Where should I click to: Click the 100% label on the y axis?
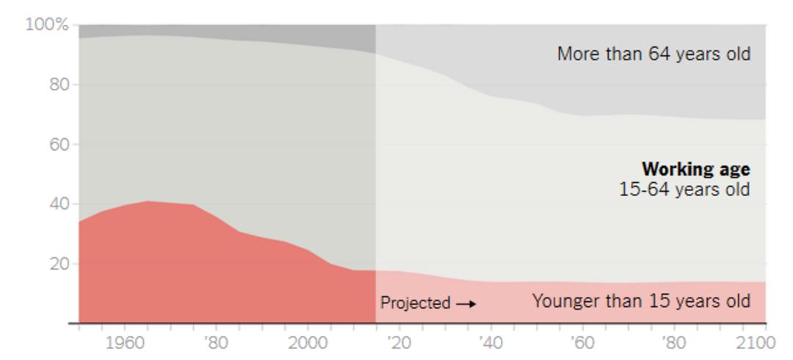(x=47, y=24)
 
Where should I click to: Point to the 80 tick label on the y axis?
(x=59, y=84)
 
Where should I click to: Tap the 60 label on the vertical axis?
(x=59, y=144)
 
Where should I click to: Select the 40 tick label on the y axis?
(x=59, y=204)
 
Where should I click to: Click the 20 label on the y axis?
(x=59, y=264)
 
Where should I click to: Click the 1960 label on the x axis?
(x=125, y=343)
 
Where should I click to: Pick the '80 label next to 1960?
(x=216, y=343)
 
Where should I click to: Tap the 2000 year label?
(x=308, y=343)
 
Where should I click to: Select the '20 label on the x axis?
(x=399, y=343)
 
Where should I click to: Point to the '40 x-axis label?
(x=491, y=343)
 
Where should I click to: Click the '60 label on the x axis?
(x=582, y=343)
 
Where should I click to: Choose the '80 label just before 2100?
(x=674, y=343)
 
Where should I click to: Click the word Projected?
(x=415, y=303)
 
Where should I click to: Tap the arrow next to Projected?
(x=466, y=304)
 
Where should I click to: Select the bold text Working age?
(x=696, y=169)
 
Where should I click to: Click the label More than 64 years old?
(x=654, y=54)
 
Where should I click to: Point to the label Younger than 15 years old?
(x=641, y=301)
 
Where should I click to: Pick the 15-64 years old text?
(x=685, y=190)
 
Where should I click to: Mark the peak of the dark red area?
(x=148, y=201)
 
